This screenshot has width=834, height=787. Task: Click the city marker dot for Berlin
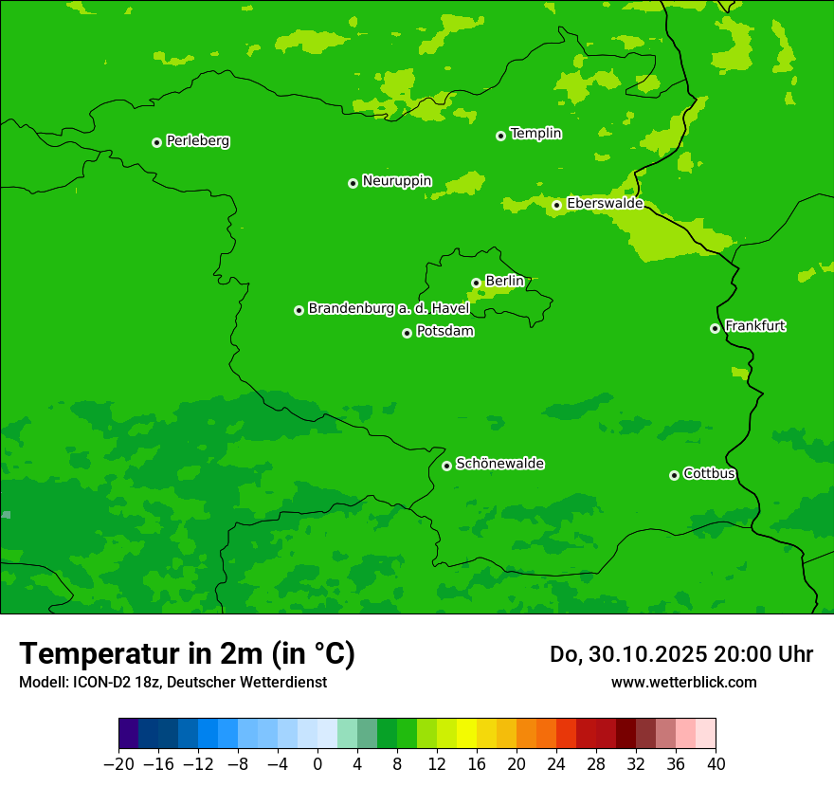(x=476, y=283)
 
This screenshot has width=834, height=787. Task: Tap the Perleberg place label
(x=198, y=141)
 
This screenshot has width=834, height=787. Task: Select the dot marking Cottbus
(x=674, y=475)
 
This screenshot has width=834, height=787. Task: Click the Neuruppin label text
(x=397, y=181)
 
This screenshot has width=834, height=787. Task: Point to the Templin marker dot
(x=500, y=136)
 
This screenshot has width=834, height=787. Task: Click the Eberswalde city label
(x=605, y=204)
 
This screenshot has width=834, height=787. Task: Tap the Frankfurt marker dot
(x=715, y=328)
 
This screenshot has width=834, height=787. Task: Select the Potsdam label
(x=445, y=332)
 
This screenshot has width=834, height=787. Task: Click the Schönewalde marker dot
(x=446, y=466)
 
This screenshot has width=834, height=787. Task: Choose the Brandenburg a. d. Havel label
(x=389, y=309)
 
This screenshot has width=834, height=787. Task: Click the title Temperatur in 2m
(x=188, y=653)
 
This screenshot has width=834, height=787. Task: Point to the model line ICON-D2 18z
(x=172, y=682)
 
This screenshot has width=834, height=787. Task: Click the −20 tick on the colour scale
(x=118, y=763)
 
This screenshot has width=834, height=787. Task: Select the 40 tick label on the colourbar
(x=716, y=763)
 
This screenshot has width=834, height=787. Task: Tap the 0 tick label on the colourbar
(x=317, y=763)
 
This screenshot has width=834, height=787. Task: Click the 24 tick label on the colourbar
(x=556, y=763)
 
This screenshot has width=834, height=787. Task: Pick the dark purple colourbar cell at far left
(x=128, y=734)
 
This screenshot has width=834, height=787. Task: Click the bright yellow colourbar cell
(x=466, y=734)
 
